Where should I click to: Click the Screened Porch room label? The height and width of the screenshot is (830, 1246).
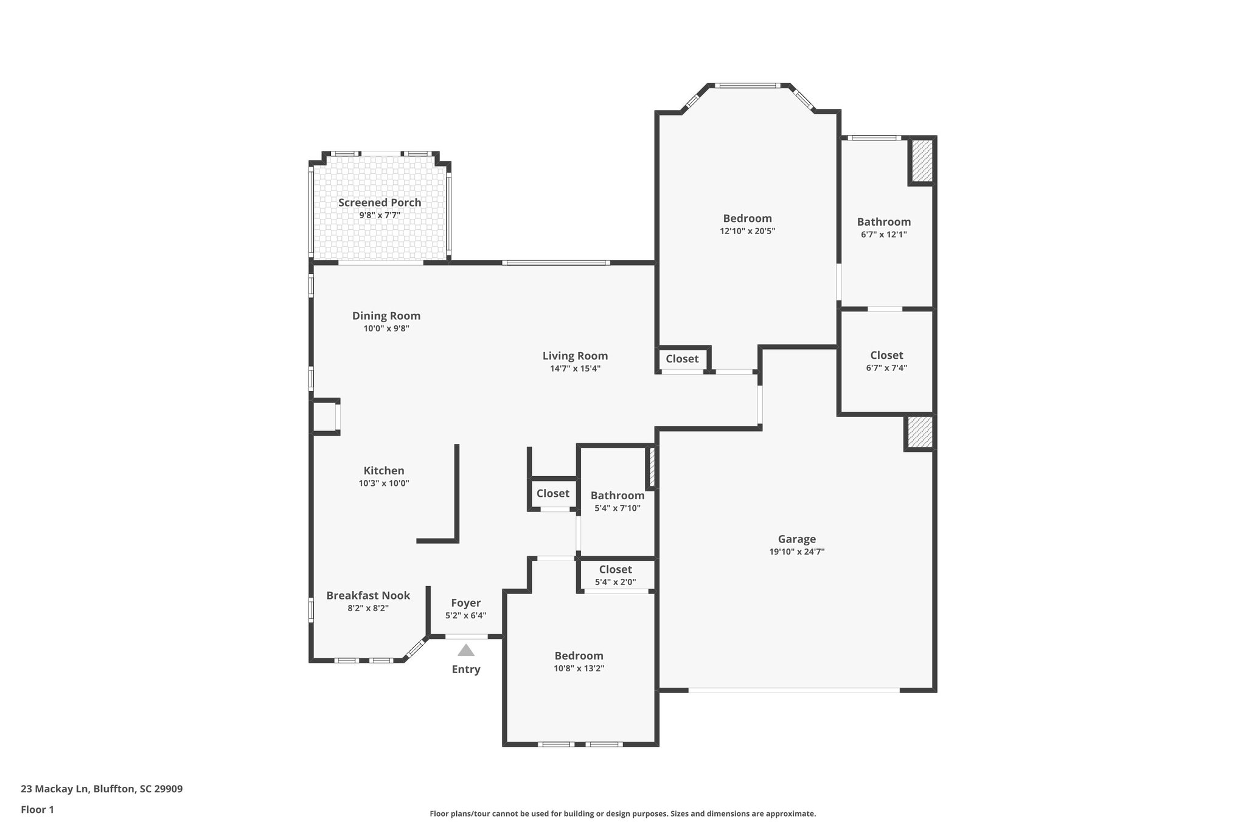pos(380,202)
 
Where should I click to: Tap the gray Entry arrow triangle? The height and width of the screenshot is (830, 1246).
pos(466,651)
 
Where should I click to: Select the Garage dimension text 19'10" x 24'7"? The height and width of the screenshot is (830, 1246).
pos(796,552)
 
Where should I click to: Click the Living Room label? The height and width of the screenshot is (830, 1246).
pos(575,356)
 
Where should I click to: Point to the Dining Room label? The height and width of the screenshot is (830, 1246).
pos(386,316)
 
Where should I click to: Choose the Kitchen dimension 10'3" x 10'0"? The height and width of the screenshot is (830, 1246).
pos(384,483)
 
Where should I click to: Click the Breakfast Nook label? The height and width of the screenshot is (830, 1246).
pos(368,595)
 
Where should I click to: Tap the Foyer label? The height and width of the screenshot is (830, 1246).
pos(465,603)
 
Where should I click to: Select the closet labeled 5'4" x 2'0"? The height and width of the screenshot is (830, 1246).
pos(615,575)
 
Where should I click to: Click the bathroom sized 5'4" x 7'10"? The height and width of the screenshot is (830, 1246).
pos(617,501)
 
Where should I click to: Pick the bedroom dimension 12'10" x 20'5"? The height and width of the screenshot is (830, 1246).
pos(747,231)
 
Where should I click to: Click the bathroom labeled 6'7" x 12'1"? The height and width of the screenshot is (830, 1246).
pos(883,227)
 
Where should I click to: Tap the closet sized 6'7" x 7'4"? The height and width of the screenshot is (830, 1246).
pos(886,361)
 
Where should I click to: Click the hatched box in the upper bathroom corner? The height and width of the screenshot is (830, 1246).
pos(922,161)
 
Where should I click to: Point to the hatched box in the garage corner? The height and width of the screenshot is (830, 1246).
pos(919,432)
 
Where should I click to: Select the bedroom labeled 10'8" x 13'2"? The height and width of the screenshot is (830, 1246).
pos(579,662)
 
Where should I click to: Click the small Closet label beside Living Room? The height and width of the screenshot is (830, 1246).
pos(682,359)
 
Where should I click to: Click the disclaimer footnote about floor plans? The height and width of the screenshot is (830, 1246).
pos(622,814)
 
